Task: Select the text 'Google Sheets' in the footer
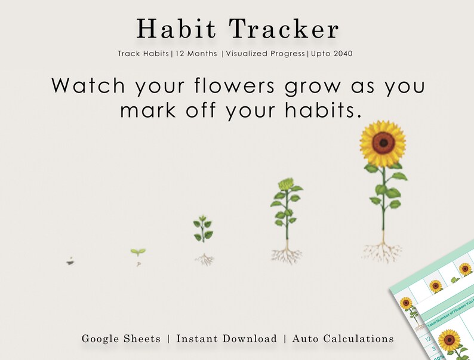(121, 339)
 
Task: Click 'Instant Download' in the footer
(226, 339)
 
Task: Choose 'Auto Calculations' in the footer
(344, 339)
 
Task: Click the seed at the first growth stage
(70, 261)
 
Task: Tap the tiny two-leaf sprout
(138, 253)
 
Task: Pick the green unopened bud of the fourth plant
(285, 183)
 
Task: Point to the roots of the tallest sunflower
(382, 252)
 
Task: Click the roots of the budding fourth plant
(286, 256)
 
